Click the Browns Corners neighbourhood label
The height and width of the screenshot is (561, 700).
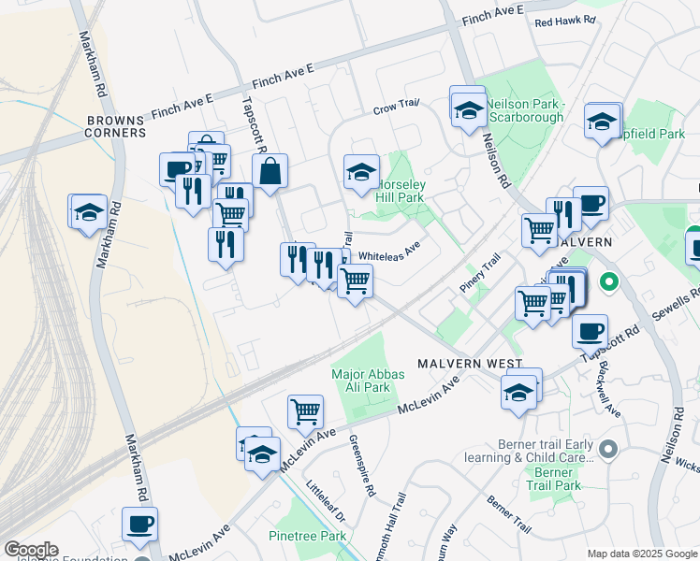click(115, 126)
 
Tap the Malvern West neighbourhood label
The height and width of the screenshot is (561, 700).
click(458, 363)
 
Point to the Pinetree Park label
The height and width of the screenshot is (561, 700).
click(307, 536)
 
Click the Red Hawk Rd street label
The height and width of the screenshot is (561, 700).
click(565, 20)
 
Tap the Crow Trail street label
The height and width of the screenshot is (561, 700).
click(397, 108)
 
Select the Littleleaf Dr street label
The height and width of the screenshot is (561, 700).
click(326, 502)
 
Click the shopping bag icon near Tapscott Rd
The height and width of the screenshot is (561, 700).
click(270, 172)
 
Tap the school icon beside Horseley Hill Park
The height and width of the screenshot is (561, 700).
click(361, 172)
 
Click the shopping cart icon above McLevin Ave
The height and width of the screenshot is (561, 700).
click(306, 410)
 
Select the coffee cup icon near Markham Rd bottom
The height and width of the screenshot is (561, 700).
click(139, 524)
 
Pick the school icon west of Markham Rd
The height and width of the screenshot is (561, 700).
click(88, 212)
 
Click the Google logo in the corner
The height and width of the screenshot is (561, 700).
click(31, 550)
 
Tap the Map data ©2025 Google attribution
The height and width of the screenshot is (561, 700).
click(641, 554)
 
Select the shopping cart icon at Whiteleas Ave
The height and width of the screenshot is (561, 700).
click(355, 280)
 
